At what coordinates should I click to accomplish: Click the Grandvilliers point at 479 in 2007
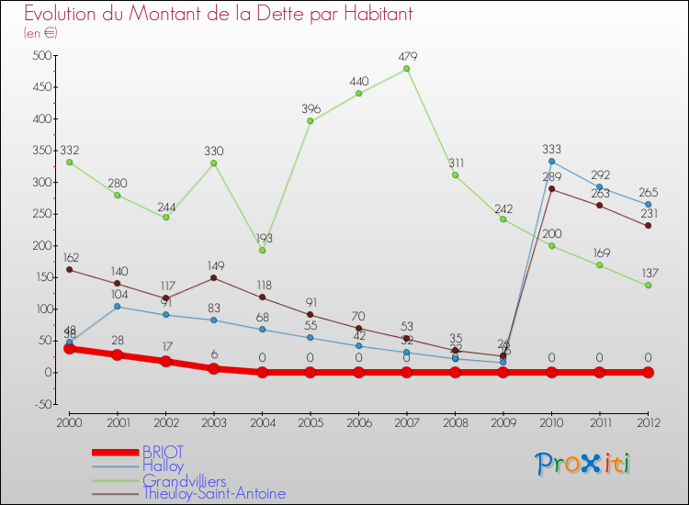[406, 69]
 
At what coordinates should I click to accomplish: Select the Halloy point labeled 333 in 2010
[551, 162]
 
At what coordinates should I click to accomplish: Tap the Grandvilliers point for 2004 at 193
[262, 251]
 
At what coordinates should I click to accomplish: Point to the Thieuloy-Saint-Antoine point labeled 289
[551, 189]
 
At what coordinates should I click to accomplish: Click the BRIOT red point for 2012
[648, 372]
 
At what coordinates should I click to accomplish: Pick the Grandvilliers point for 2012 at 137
[648, 286]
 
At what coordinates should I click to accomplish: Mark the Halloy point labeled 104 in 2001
[118, 306]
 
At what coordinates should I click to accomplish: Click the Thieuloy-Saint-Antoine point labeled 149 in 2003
[214, 277]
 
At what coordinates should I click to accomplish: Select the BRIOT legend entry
[163, 452]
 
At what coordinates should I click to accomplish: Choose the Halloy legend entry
[163, 466]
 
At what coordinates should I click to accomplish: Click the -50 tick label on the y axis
[40, 404]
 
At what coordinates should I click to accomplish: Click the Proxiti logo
[583, 464]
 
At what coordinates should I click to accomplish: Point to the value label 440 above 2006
[358, 82]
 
